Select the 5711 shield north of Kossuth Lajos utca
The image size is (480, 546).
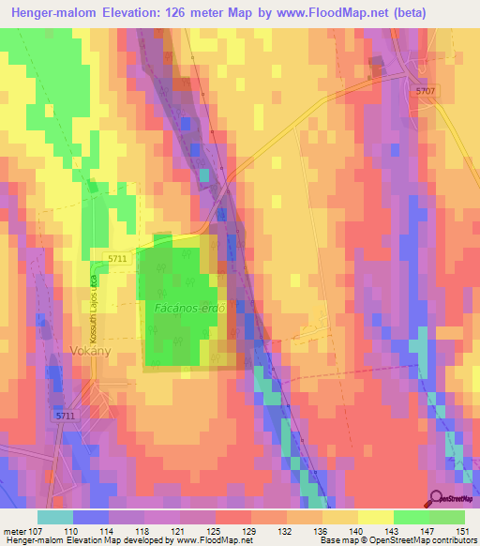point(117,258)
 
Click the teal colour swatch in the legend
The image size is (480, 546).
point(55,517)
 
